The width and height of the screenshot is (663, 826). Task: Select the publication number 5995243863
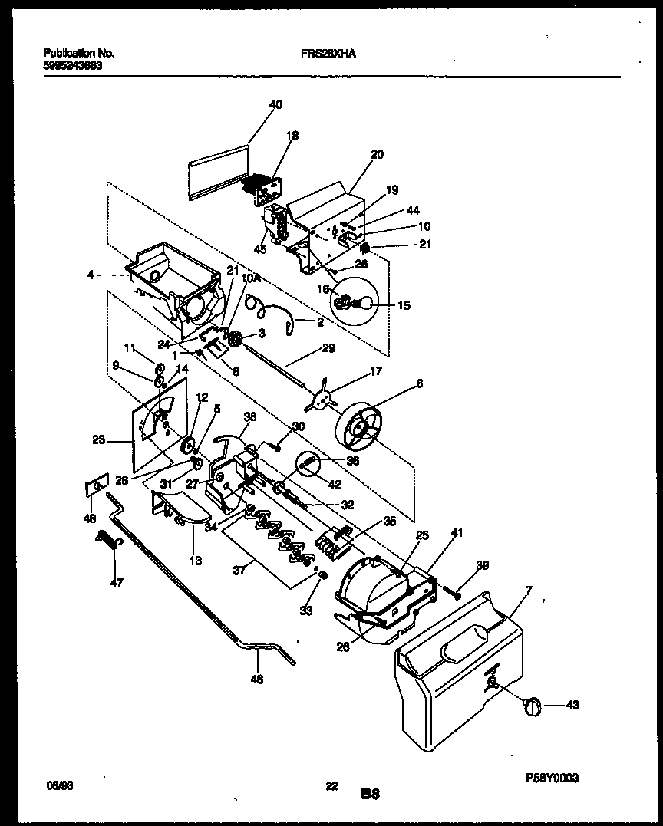tap(73, 65)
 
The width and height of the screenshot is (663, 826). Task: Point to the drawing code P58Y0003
tap(552, 777)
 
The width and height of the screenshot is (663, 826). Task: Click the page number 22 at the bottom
tap(331, 765)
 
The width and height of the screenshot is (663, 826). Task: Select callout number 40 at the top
tap(275, 104)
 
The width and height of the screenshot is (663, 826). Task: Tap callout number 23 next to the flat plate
tap(98, 440)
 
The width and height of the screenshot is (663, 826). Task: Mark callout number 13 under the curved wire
tap(196, 561)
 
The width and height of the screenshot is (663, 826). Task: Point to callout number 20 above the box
tap(376, 154)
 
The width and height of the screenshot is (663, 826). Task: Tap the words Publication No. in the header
tap(78, 54)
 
